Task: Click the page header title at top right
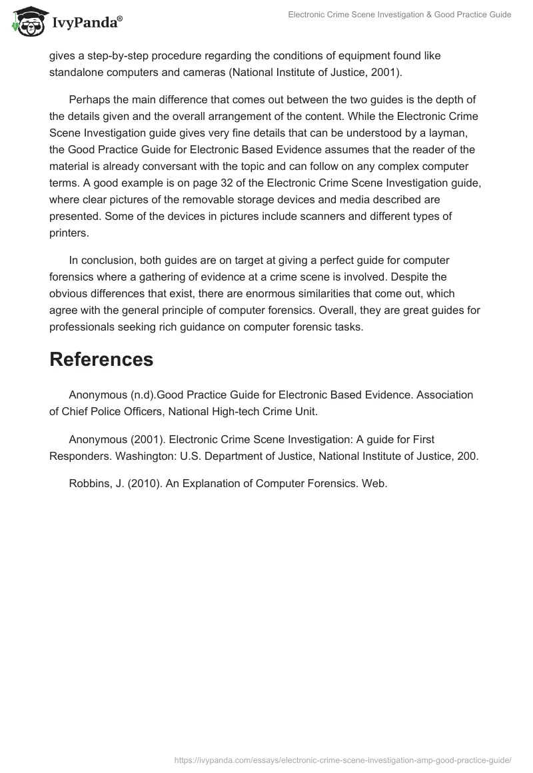coord(399,15)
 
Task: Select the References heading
coord(101,360)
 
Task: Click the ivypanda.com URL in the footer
coord(342,760)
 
